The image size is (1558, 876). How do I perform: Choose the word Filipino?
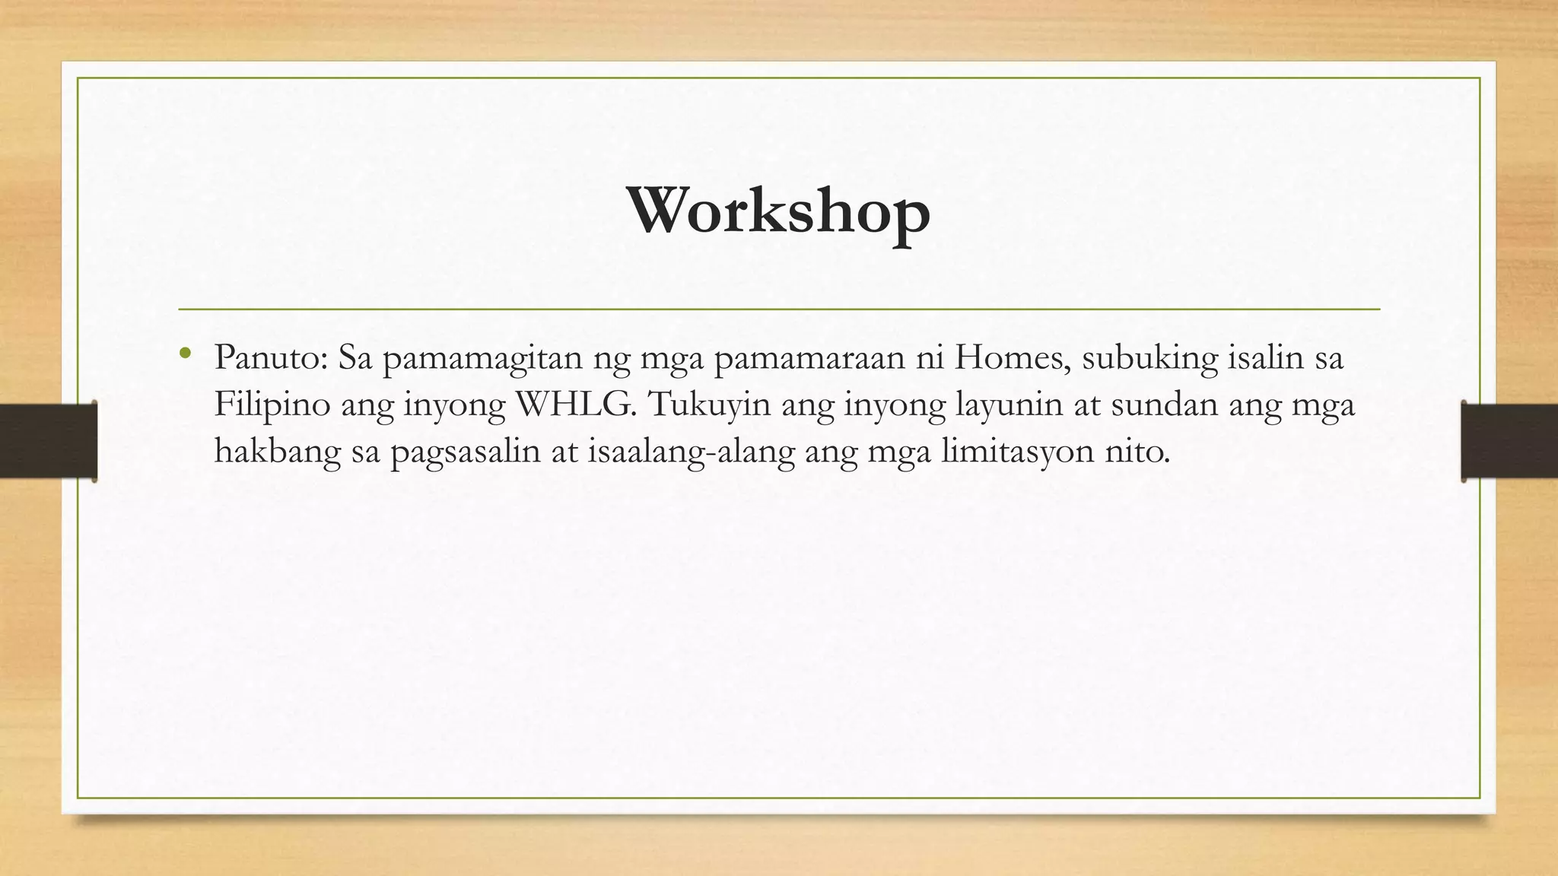coord(272,404)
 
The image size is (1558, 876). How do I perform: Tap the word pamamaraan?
coord(809,358)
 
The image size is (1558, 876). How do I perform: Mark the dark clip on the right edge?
coord(1509,441)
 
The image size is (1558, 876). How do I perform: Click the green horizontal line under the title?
coord(778,309)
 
